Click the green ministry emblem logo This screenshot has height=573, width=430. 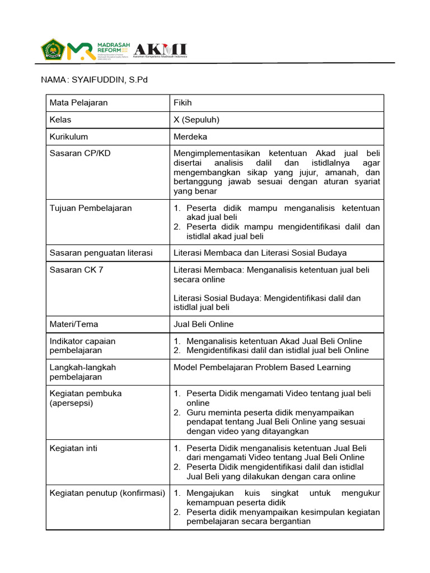click(53, 50)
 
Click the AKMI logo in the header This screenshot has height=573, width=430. click(160, 50)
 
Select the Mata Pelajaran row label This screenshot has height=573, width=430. click(78, 103)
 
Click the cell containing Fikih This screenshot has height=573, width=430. click(183, 103)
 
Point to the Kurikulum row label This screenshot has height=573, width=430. click(69, 137)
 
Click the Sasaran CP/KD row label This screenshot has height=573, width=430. click(77, 153)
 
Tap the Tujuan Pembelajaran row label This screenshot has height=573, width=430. click(91, 208)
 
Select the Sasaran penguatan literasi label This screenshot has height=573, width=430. click(101, 253)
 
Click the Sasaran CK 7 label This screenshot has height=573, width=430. click(76, 270)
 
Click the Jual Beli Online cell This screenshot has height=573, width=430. click(203, 324)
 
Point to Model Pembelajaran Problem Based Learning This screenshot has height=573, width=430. click(262, 367)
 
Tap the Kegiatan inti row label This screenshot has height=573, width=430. click(73, 448)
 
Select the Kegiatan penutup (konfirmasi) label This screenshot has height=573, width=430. click(107, 493)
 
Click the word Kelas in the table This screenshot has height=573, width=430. click(60, 120)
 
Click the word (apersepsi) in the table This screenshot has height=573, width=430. click(71, 403)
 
